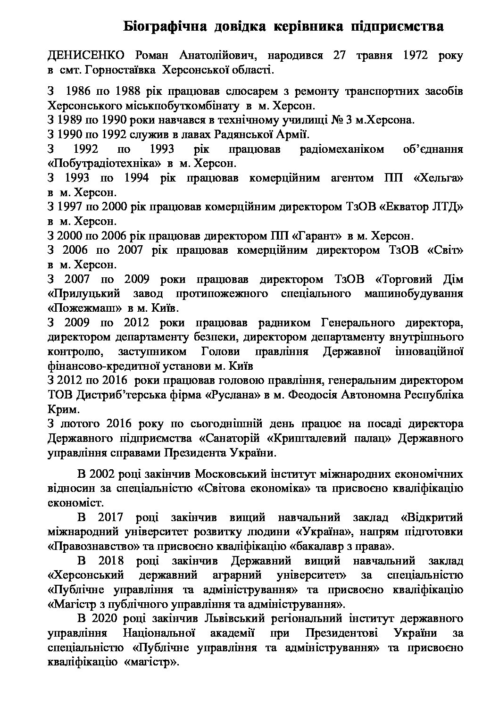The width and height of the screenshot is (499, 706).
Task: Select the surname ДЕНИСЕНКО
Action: tap(86, 56)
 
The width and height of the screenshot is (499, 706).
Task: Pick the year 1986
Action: tap(78, 91)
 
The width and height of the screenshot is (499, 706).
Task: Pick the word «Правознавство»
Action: tap(91, 547)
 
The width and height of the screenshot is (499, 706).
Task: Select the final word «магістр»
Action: tap(151, 662)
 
